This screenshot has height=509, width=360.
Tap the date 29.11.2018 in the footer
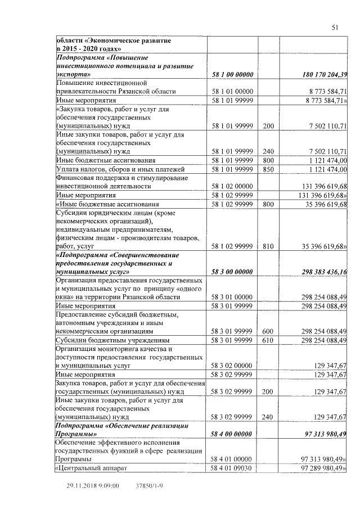pyautogui.click(x=81, y=484)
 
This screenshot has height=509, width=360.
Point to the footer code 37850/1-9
pyautogui.click(x=150, y=484)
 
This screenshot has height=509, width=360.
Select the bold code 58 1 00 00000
pyautogui.click(x=233, y=74)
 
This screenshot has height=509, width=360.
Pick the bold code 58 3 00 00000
pyautogui.click(x=233, y=272)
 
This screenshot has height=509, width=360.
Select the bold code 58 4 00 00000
pyautogui.click(x=233, y=434)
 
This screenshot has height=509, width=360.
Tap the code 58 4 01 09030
pyautogui.click(x=233, y=468)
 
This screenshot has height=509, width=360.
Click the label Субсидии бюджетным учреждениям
pyautogui.click(x=112, y=340)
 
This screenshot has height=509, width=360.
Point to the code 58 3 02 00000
pyautogui.click(x=233, y=365)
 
